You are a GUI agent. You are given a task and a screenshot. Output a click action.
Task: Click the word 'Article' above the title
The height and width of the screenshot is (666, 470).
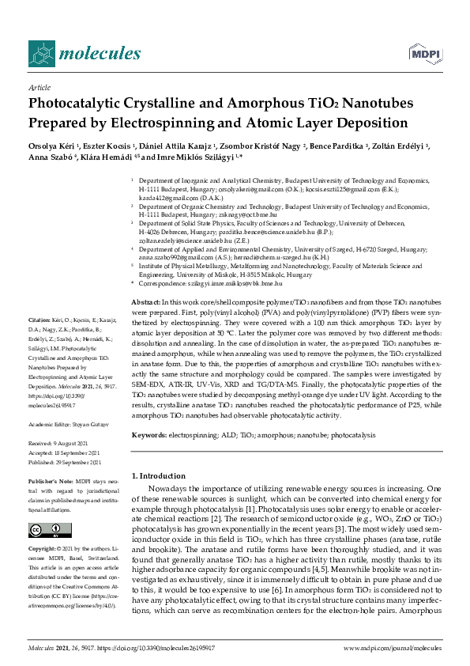click(39, 88)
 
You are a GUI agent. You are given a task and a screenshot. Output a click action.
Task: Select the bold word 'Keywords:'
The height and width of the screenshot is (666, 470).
click(149, 435)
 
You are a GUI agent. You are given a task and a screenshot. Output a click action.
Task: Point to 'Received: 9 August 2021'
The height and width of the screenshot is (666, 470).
click(60, 445)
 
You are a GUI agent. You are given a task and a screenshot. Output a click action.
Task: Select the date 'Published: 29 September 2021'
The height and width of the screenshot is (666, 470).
click(66, 462)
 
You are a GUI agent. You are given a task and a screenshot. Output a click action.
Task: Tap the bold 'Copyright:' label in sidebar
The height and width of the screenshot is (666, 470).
click(43, 547)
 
